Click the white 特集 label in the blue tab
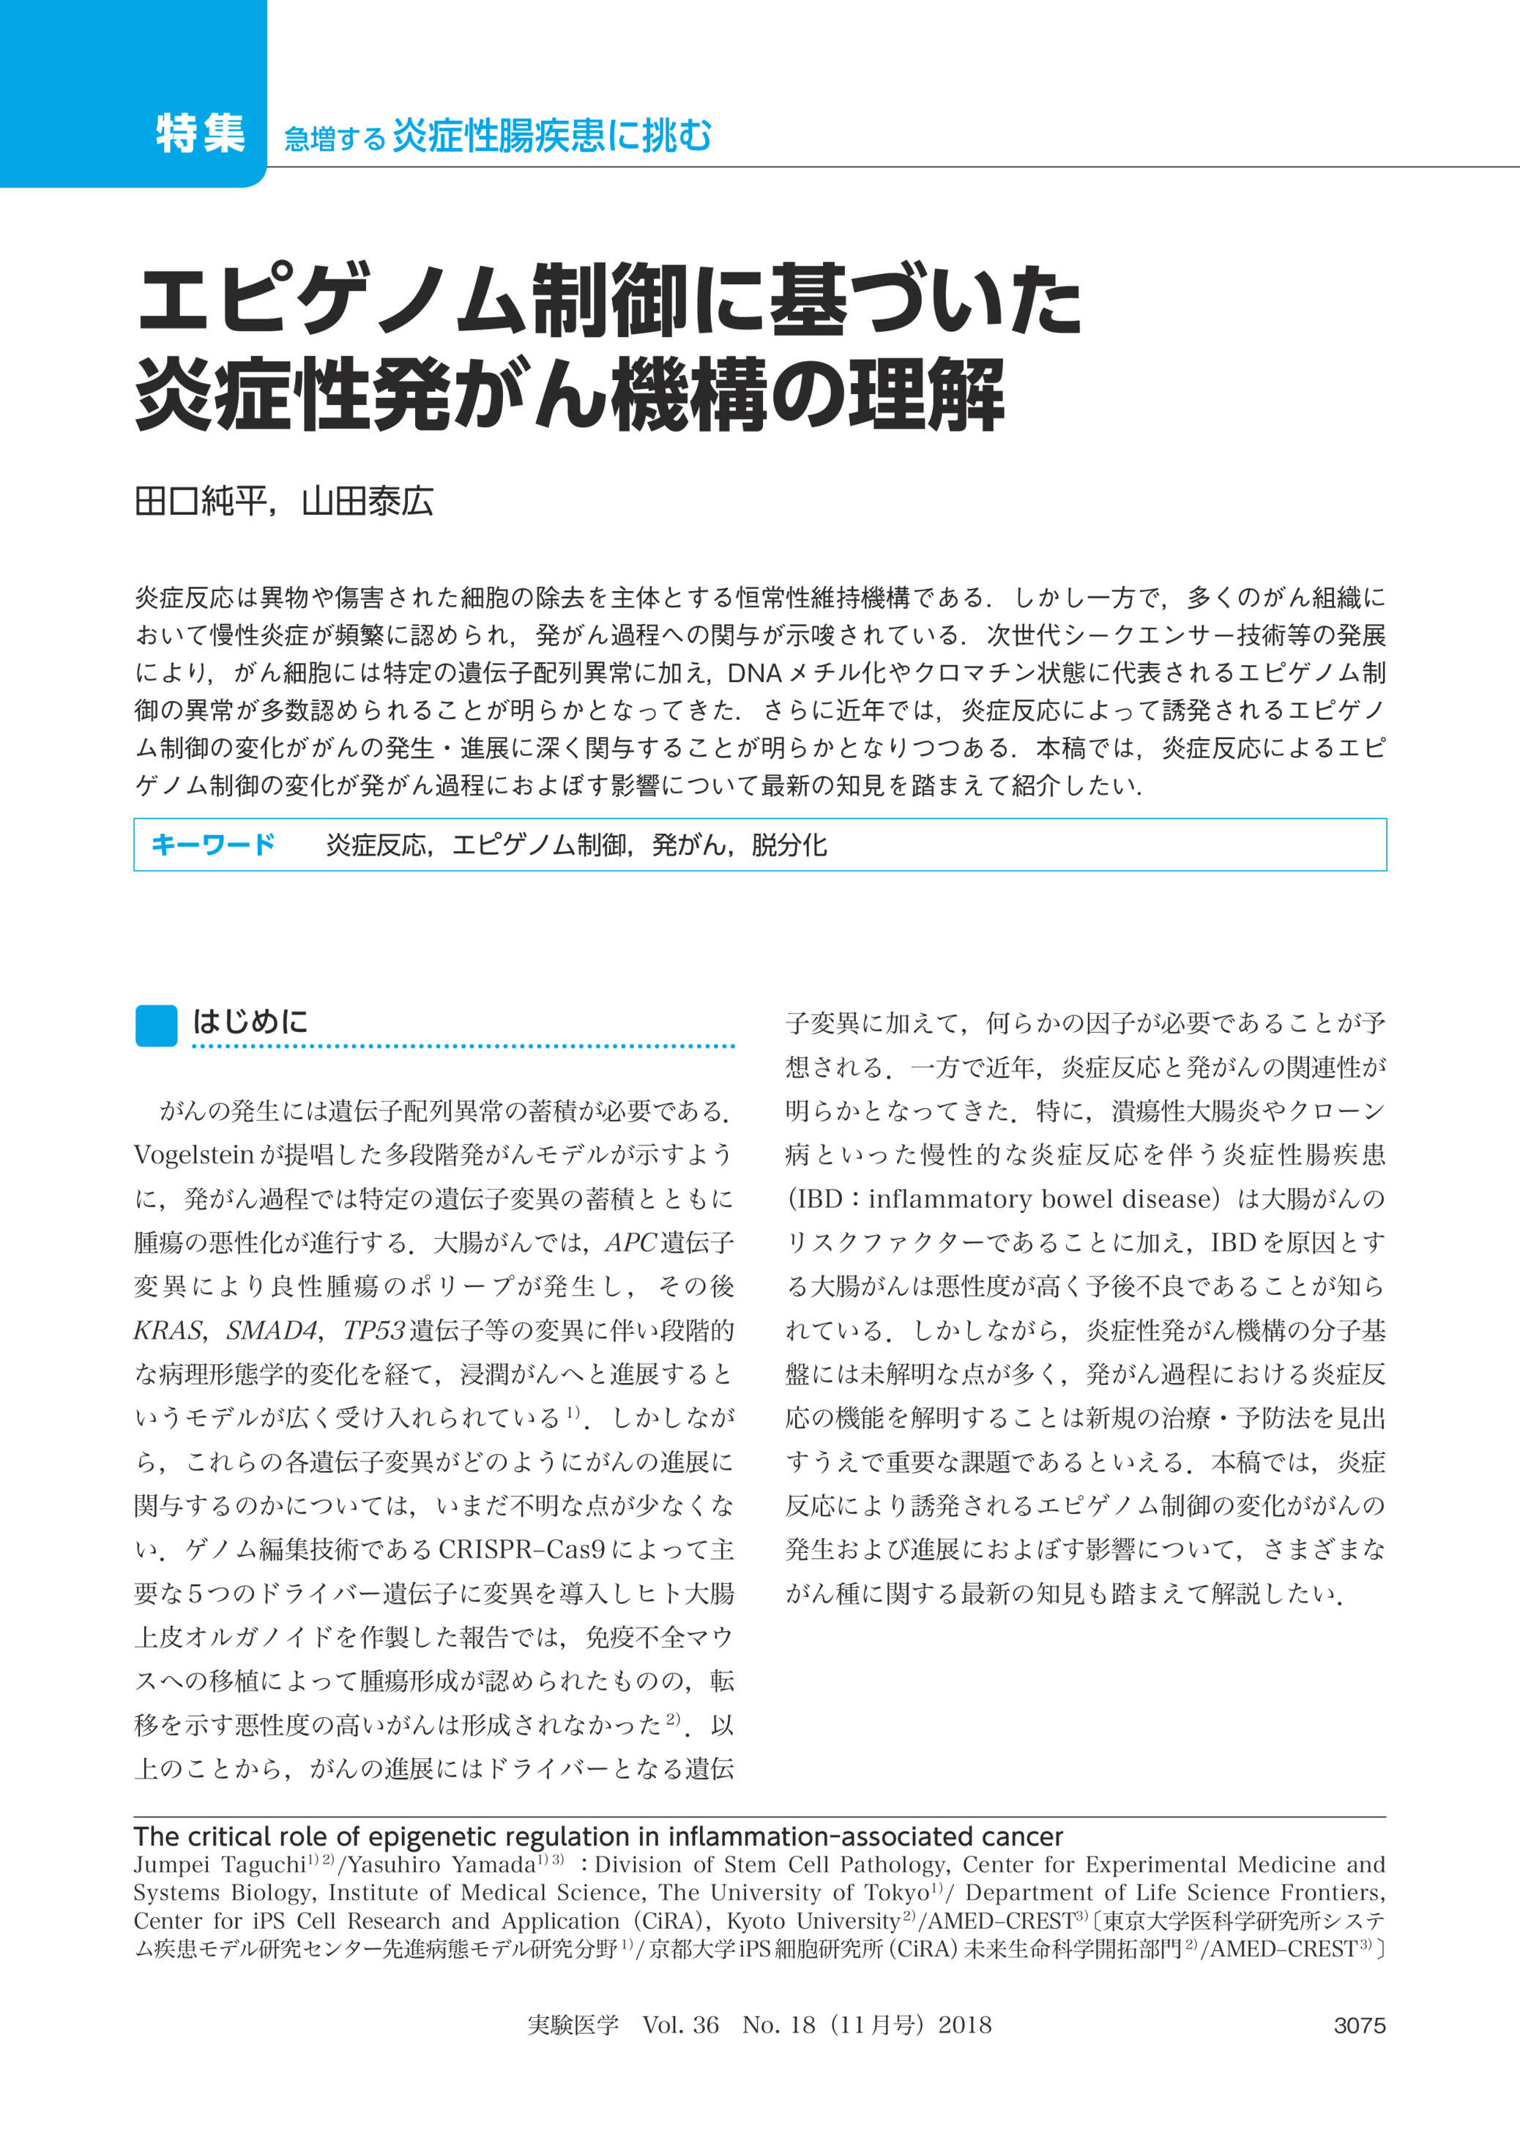tap(201, 133)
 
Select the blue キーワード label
tap(212, 845)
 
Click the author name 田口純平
tap(199, 503)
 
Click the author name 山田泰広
tap(367, 503)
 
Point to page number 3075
tap(1359, 2025)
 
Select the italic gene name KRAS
tap(168, 1330)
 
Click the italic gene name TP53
tap(373, 1330)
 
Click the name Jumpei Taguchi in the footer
tap(219, 1864)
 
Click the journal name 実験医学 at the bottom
tap(573, 2025)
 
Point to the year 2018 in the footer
tap(964, 2025)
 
